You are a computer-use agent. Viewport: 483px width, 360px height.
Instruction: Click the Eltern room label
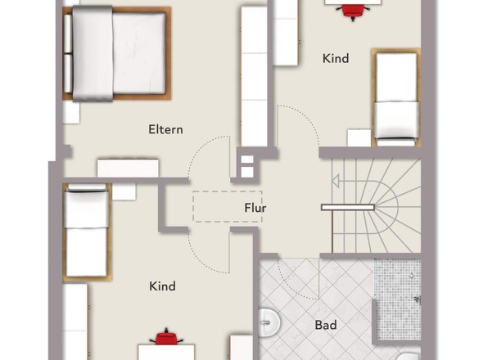tap(165, 129)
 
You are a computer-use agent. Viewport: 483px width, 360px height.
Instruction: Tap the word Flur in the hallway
tap(255, 208)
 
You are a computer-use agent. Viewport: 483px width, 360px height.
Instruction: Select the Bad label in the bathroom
tap(326, 325)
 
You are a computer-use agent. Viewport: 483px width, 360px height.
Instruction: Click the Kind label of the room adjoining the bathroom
tap(162, 286)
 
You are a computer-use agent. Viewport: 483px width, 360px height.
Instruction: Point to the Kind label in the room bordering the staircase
tap(336, 59)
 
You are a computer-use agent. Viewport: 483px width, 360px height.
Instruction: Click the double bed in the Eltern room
tap(117, 53)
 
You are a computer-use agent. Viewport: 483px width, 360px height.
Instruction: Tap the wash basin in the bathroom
tap(269, 322)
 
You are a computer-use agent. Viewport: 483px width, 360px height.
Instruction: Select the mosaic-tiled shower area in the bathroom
tap(397, 299)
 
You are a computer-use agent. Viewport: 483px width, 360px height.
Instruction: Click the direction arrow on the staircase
tap(336, 181)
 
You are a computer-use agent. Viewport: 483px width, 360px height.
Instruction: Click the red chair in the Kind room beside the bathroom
tap(166, 336)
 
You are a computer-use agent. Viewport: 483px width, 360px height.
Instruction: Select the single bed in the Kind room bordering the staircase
tap(396, 97)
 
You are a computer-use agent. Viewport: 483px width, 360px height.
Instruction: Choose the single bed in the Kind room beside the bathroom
tap(87, 232)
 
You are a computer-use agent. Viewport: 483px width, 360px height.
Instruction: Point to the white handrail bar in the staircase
tap(348, 207)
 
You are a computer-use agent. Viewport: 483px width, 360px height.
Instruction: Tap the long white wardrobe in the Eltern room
tap(254, 76)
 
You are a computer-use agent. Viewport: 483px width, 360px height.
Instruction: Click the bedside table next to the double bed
tap(71, 113)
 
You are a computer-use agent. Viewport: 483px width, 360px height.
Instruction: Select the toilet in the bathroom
tap(412, 355)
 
